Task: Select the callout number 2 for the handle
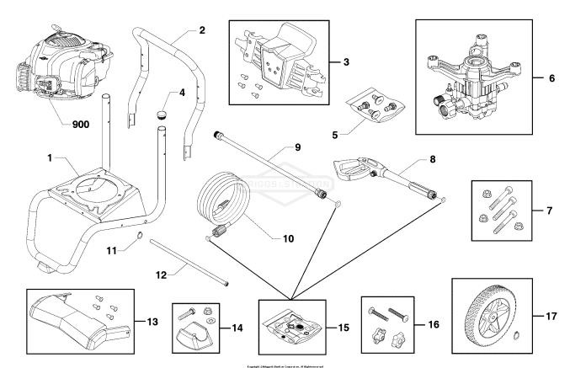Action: tap(201, 29)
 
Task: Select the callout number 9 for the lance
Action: tap(297, 147)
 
